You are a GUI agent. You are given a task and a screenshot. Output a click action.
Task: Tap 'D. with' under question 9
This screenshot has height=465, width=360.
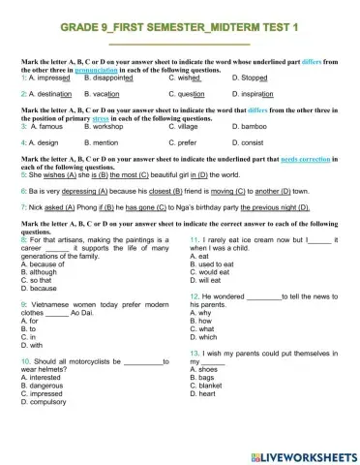coord(33,345)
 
